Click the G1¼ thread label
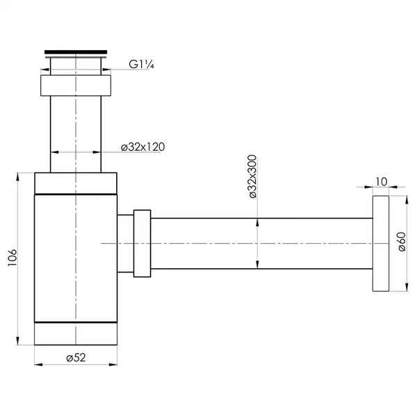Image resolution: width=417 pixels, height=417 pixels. [141, 65]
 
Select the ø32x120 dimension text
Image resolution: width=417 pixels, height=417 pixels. [142, 147]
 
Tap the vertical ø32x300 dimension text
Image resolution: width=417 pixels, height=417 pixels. [253, 177]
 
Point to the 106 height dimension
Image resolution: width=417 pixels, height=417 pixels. [13, 257]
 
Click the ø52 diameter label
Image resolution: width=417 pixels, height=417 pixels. [76, 358]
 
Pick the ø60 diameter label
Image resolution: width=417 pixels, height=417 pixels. [402, 241]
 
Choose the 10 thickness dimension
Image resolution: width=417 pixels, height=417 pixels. [381, 182]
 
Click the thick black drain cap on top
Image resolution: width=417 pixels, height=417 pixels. [76, 52]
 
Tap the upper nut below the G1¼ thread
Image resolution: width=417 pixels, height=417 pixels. [76, 85]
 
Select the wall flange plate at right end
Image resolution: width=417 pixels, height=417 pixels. [381, 243]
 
